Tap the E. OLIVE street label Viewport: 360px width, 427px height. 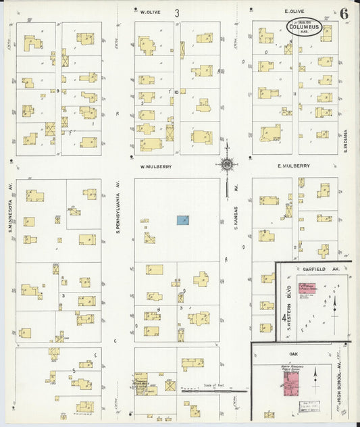(294, 11)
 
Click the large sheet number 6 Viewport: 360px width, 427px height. (344, 12)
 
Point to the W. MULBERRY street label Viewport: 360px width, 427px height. (155, 166)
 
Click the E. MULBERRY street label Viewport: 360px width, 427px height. (293, 166)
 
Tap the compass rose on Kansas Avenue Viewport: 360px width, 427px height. (227, 165)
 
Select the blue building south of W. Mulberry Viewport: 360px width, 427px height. (183, 220)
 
